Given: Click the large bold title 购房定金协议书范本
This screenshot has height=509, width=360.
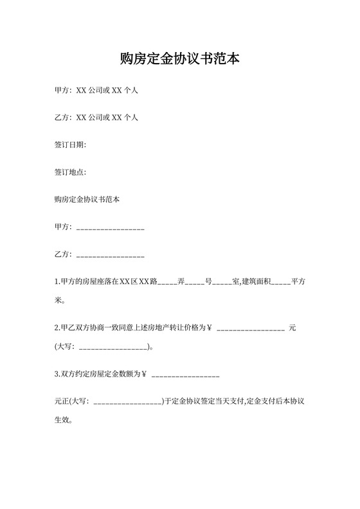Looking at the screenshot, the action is point(180,60).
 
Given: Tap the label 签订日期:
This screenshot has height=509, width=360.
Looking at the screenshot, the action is point(70,145).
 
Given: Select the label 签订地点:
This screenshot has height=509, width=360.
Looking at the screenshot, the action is point(70,172).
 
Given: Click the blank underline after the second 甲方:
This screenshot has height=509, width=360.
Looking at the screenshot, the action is point(110,228).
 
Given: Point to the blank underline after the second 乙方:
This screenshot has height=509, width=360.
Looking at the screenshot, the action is point(110,256).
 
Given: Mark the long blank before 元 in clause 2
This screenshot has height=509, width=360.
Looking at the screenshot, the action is point(251,329).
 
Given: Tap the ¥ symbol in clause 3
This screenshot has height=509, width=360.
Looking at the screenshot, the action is point(145,373).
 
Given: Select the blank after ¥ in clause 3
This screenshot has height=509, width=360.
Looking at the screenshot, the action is point(186,375).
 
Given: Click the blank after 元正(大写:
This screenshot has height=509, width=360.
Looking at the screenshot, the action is point(127,403).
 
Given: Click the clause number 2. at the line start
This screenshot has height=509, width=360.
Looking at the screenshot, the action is point(57,328).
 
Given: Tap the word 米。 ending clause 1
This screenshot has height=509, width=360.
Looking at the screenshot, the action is point(60,300).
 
